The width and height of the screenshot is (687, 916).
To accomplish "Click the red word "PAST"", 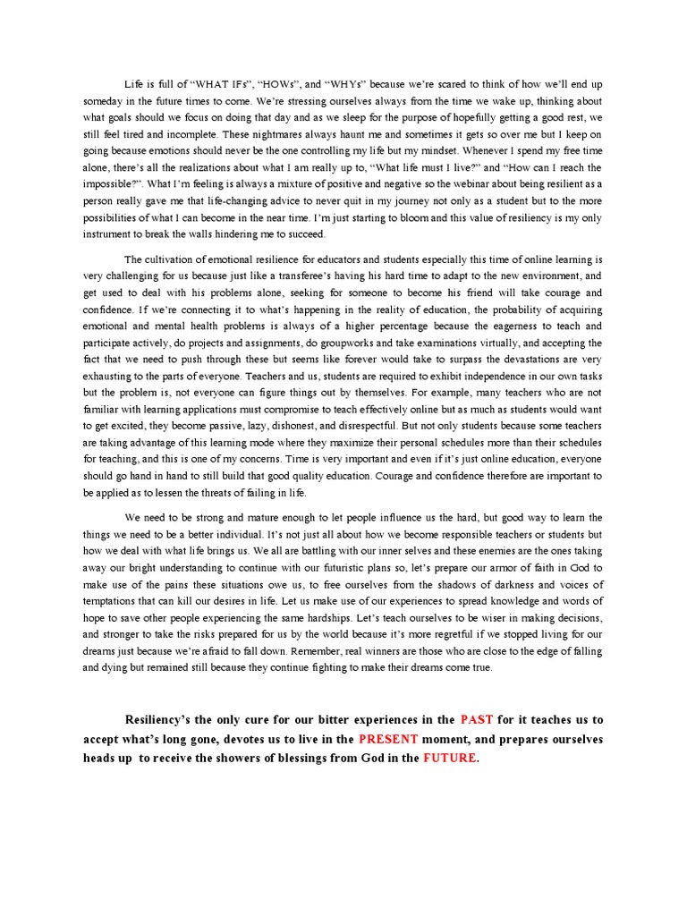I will point(477,720).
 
